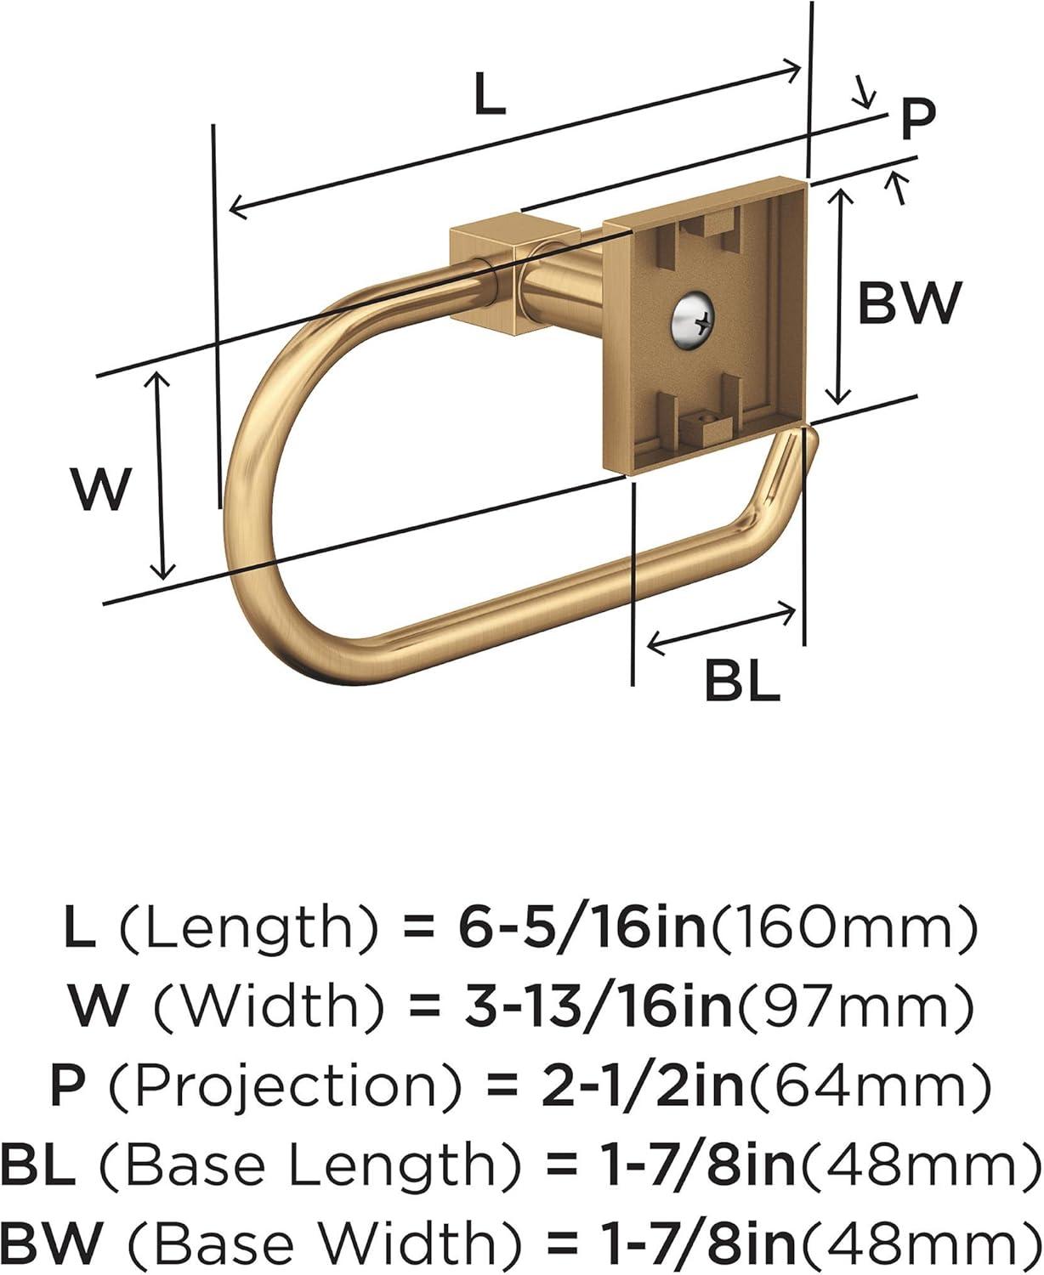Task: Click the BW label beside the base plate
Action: [909, 302]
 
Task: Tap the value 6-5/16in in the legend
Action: [582, 929]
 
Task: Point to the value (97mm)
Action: [853, 1007]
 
